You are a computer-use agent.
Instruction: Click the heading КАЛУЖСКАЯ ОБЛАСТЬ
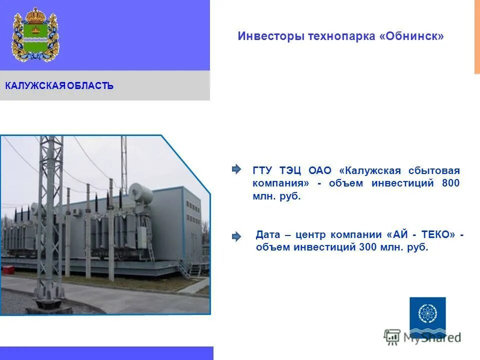(x=59, y=86)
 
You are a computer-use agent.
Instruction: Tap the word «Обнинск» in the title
(x=414, y=36)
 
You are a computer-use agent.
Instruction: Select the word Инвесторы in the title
(x=264, y=36)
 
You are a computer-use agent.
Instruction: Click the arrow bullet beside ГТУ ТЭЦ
(x=236, y=169)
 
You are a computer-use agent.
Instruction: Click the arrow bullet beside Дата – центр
(x=236, y=236)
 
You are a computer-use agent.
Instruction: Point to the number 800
(x=450, y=183)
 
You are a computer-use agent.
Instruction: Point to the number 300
(x=367, y=247)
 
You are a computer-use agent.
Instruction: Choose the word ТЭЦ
(x=290, y=170)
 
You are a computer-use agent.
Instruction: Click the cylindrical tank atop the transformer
(x=141, y=192)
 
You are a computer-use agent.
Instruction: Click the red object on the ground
(x=8, y=269)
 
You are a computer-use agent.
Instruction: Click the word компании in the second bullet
(x=357, y=234)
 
